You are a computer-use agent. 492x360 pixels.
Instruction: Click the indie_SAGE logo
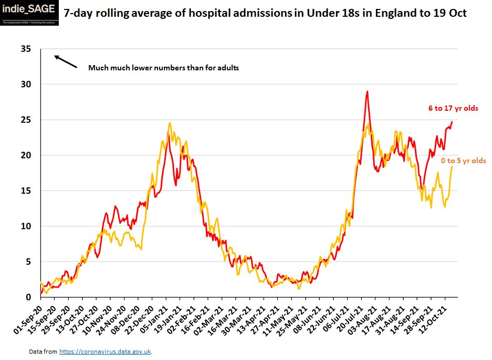coord(30,13)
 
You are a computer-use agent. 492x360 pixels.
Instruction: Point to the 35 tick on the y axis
coord(25,49)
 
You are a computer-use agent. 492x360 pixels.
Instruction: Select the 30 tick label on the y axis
coord(25,84)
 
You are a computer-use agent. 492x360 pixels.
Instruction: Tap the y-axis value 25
coord(25,120)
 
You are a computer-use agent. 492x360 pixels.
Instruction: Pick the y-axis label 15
coord(25,191)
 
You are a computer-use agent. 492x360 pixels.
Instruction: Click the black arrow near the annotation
coord(66,62)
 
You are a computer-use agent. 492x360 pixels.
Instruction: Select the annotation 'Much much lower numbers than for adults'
coord(163,68)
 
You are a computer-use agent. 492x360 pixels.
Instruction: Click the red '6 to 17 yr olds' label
coord(453,109)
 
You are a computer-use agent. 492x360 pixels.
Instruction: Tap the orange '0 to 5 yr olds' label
coord(463,161)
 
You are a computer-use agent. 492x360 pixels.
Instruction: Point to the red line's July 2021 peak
coord(367,92)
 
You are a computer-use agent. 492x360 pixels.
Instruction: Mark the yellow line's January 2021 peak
coord(170,123)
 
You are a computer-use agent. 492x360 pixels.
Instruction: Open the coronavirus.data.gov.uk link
coord(105,351)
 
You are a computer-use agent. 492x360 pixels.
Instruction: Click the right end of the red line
coord(452,122)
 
